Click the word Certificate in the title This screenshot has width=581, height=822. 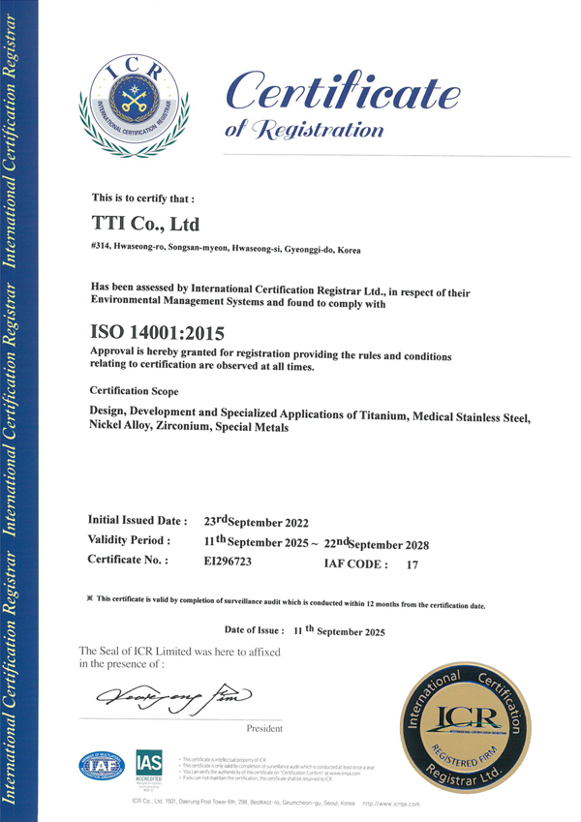coord(342,91)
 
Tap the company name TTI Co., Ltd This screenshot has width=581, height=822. coord(144,225)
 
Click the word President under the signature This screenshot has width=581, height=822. coord(264,728)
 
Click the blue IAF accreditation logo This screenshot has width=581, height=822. coord(102,765)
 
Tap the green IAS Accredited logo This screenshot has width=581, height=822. coord(148,765)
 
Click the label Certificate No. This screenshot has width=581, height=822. coord(128,561)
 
